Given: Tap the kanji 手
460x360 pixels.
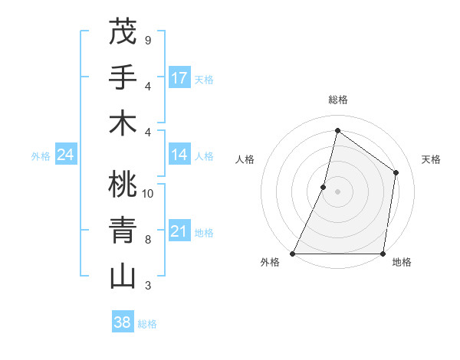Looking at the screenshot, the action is [x=123, y=77].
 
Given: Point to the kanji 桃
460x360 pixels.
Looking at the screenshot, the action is [x=123, y=185].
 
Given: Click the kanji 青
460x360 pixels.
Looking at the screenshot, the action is [x=123, y=230].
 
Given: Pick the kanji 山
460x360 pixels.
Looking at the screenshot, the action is [x=123, y=276].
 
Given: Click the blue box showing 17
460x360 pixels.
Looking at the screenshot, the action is [x=179, y=78].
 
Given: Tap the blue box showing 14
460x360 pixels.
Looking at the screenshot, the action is [x=179, y=155].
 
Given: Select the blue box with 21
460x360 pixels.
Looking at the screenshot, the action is [x=179, y=232].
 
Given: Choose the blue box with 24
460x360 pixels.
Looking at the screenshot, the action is [x=65, y=155].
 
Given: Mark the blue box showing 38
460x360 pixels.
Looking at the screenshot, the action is [x=123, y=322].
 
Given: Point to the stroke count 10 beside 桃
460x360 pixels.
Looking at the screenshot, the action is [x=148, y=193].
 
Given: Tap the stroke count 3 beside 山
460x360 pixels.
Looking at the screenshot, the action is [x=147, y=286].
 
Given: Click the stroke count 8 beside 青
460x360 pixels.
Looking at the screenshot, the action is [x=147, y=239].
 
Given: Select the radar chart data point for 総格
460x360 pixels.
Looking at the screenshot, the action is [x=337, y=130].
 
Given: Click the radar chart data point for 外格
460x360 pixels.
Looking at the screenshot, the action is [x=293, y=254].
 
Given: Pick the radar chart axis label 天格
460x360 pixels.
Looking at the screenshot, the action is [x=432, y=159].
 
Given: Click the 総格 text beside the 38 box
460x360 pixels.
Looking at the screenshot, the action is [x=147, y=324].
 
